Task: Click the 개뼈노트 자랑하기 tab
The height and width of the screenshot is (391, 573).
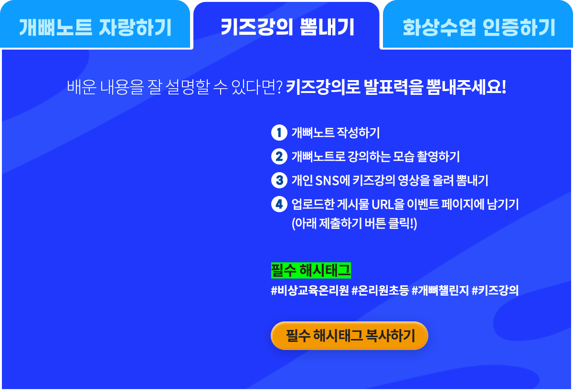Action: pyautogui.click(x=95, y=24)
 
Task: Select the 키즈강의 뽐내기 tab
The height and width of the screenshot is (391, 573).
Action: pyautogui.click(x=286, y=26)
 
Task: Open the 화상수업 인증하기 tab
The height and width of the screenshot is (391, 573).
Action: pyautogui.click(x=478, y=24)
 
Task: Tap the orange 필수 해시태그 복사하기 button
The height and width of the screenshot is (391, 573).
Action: pyautogui.click(x=350, y=336)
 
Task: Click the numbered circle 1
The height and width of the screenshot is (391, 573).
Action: pyautogui.click(x=279, y=133)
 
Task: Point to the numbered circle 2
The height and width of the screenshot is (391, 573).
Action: pyautogui.click(x=279, y=156)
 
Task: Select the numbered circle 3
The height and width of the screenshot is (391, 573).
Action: pyautogui.click(x=279, y=180)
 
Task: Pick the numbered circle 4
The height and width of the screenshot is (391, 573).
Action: pyautogui.click(x=279, y=204)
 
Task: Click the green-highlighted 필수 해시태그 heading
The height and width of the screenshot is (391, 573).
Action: pyautogui.click(x=311, y=270)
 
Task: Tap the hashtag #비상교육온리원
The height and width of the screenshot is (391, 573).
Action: pyautogui.click(x=310, y=290)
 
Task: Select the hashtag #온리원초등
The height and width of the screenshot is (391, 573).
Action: pyautogui.click(x=380, y=290)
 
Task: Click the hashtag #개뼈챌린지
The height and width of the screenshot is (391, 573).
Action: pyautogui.click(x=440, y=290)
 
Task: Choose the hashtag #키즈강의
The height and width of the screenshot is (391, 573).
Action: pyautogui.click(x=495, y=290)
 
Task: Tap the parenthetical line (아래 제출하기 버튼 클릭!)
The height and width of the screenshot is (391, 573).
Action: pyautogui.click(x=354, y=224)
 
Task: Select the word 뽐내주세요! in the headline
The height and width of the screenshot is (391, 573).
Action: pyautogui.click(x=466, y=87)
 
